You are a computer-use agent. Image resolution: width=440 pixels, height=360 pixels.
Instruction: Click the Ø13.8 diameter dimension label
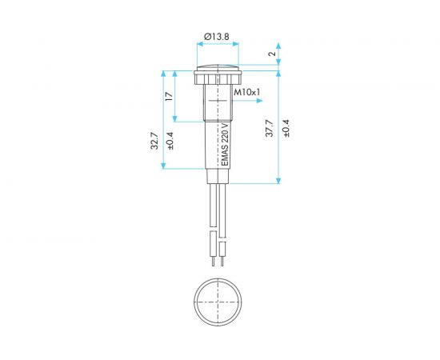tap(216, 37)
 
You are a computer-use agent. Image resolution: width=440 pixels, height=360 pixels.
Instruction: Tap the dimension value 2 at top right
tap(272, 54)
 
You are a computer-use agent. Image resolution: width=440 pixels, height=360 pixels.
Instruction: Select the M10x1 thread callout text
tap(247, 92)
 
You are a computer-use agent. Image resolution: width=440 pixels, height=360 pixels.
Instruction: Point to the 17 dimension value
tap(169, 96)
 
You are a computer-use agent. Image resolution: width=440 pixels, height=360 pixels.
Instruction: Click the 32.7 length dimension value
tap(154, 140)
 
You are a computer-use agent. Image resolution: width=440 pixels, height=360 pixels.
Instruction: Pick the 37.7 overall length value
tap(270, 128)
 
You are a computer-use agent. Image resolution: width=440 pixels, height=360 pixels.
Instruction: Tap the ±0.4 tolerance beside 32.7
tap(170, 140)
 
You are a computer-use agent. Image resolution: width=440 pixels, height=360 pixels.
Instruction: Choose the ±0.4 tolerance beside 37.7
tap(286, 128)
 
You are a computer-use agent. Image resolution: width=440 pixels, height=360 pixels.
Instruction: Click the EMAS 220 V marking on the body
tap(225, 145)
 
